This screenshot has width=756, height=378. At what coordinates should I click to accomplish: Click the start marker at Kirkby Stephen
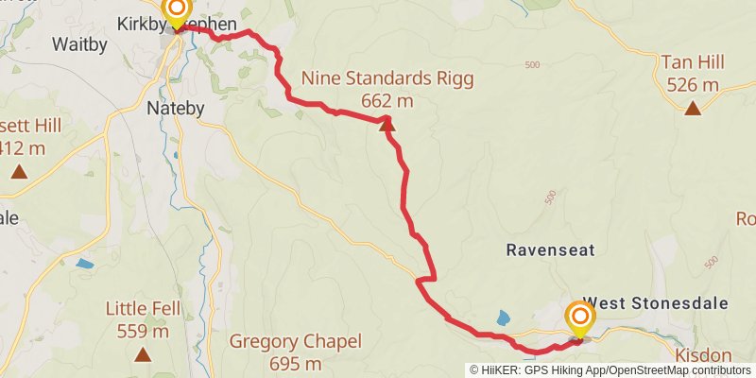177,11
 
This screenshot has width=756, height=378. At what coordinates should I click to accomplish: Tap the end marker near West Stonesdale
579,318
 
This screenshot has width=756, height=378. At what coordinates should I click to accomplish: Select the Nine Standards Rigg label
387,78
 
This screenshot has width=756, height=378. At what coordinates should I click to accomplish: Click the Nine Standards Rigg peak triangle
387,123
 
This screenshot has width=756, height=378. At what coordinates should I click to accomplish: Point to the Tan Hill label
693,62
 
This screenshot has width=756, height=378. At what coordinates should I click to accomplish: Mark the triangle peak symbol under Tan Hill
693,109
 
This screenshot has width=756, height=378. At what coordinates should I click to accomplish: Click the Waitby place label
79,44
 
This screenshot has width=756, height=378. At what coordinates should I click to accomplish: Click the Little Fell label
143,309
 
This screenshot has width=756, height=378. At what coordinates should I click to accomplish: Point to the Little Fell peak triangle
143,354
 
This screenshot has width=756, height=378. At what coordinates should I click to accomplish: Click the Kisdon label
704,355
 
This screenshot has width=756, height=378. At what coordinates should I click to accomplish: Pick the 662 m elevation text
387,101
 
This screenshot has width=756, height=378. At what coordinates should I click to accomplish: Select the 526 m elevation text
693,85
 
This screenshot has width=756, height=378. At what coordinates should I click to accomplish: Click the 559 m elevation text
143,331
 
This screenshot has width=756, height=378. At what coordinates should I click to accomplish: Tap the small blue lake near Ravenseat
503,318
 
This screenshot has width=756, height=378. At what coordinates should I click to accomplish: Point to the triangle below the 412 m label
19,172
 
